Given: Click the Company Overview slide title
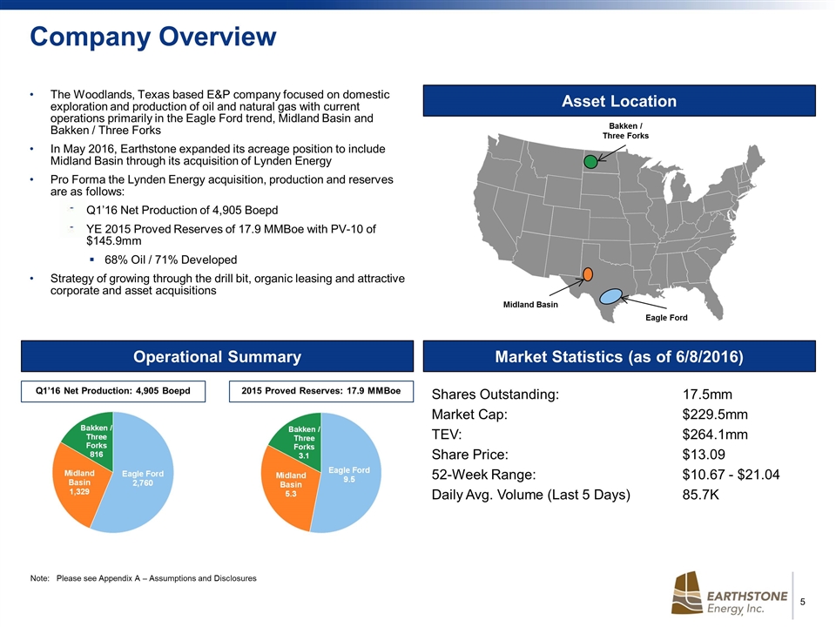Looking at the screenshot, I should tap(153, 37).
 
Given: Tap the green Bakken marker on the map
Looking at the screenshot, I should tap(591, 161).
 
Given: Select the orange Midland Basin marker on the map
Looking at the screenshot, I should tap(588, 273).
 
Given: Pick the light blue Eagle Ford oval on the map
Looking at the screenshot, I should tap(611, 296).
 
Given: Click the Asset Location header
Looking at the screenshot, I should tap(618, 101).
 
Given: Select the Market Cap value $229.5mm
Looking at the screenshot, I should tap(715, 415).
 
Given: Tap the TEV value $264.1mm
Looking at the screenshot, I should tap(715, 435).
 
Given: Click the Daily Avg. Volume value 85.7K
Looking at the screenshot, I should tap(701, 496).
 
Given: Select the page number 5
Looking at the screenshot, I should tap(802, 602).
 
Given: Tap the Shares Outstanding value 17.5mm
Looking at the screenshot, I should tap(707, 394).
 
